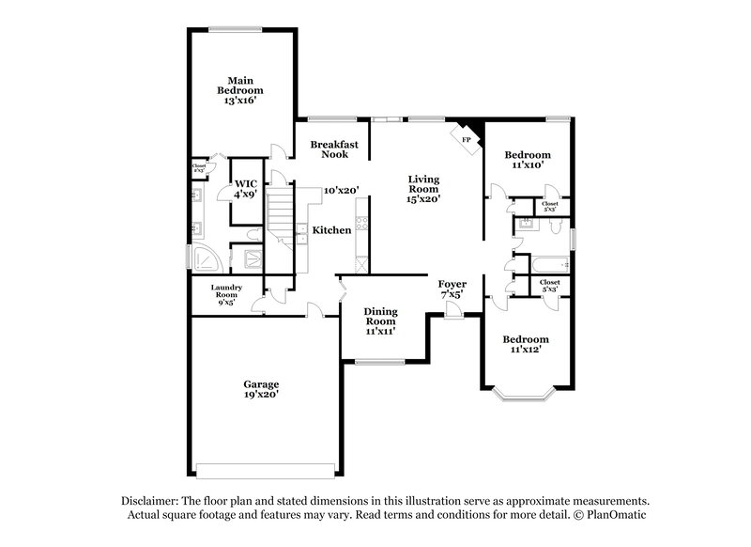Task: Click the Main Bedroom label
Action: tap(240, 90)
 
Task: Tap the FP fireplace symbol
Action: tap(467, 138)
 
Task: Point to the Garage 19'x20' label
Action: tap(261, 390)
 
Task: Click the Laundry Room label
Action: tap(226, 295)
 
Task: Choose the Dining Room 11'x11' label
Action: tap(380, 320)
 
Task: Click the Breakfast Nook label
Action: tap(334, 149)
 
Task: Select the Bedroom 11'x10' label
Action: tap(527, 159)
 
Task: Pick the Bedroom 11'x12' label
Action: tap(525, 343)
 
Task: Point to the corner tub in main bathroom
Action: tap(204, 258)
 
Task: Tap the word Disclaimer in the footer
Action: tap(152, 501)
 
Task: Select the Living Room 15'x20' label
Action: tap(423, 188)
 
